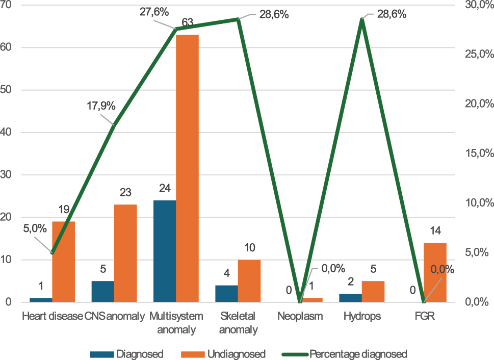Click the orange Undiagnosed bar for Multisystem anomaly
[187, 168]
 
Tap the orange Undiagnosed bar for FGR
[435, 272]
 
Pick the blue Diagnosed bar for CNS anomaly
[103, 291]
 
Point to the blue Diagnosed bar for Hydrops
[351, 298]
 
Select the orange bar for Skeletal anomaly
[249, 281]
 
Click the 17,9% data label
[101, 107]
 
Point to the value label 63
[188, 22]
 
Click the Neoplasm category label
[300, 316]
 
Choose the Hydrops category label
[362, 316]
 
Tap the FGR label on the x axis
[424, 316]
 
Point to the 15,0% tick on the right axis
[480, 153]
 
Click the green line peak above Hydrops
[362, 19]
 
